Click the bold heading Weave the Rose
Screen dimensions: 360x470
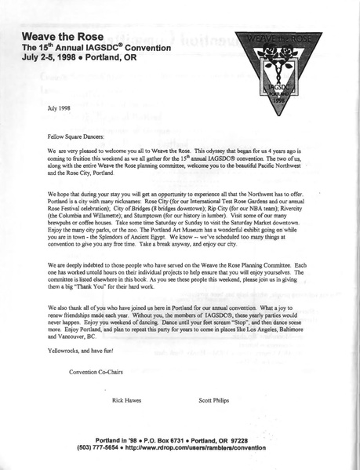coord(60,36)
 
